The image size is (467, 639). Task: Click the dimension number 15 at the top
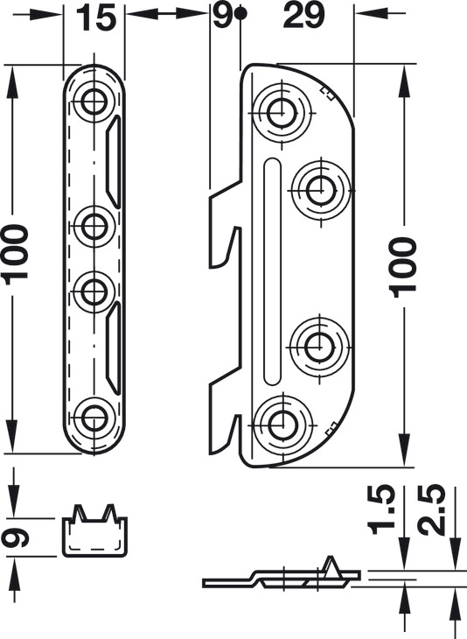coord(95,18)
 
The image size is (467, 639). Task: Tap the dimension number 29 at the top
coord(304,17)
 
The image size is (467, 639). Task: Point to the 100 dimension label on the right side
coord(403,267)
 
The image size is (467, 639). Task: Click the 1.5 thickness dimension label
coord(381,509)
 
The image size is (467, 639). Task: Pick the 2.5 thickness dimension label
coord(430,509)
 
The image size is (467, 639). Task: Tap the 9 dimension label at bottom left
coord(15,537)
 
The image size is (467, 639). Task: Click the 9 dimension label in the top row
coord(221,17)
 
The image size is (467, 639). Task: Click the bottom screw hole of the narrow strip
coord(94,418)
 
